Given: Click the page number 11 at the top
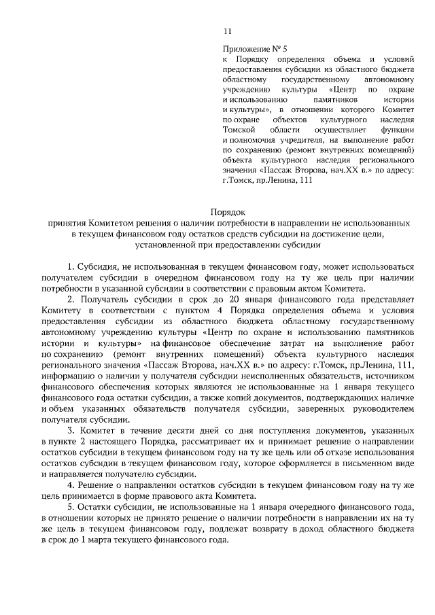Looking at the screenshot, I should (227, 31).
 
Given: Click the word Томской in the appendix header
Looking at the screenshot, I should (239, 128).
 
